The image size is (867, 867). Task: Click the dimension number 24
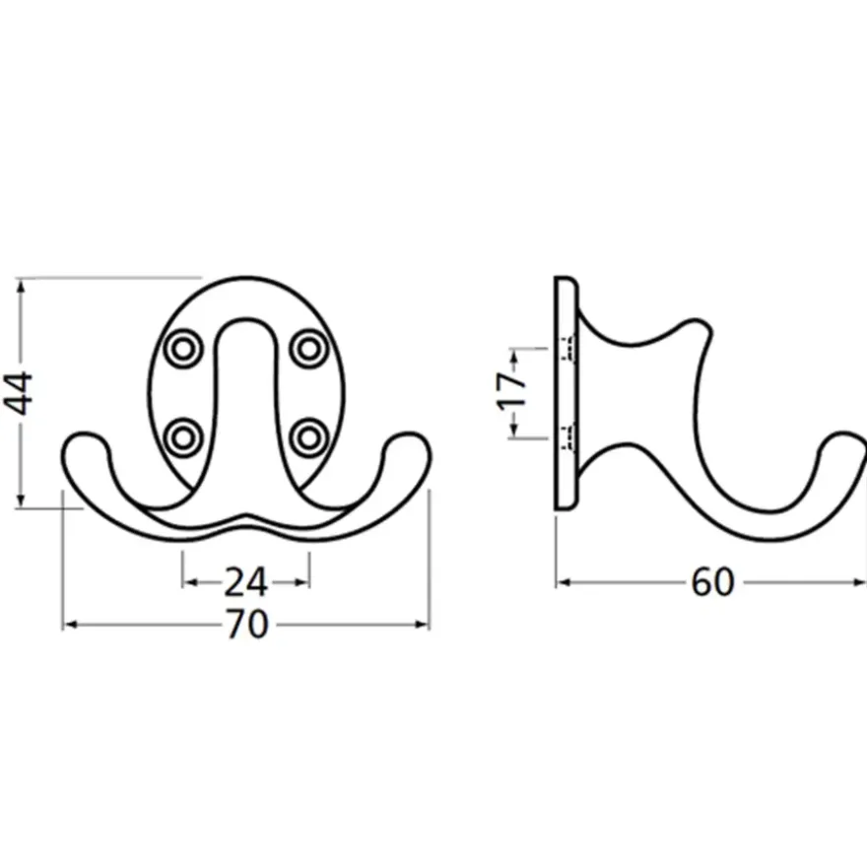point(246,581)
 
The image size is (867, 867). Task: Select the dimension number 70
point(247,625)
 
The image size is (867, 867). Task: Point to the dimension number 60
point(713,581)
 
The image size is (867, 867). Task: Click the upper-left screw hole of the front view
point(183,349)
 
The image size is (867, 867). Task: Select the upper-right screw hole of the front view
point(308,349)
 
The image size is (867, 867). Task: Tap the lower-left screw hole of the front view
point(183,437)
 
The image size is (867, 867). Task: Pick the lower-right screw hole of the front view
point(308,437)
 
